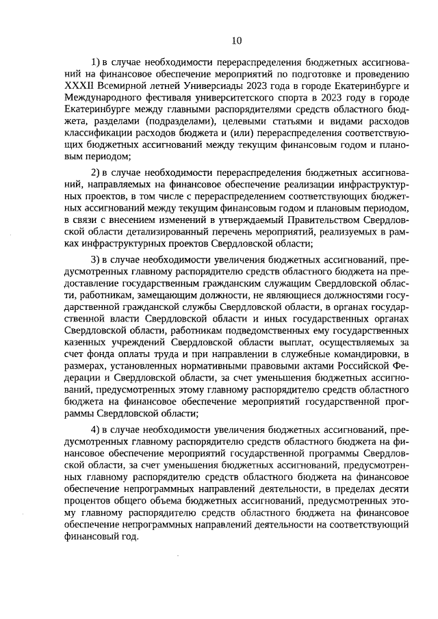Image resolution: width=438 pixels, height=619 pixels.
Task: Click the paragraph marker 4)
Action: (96, 430)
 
